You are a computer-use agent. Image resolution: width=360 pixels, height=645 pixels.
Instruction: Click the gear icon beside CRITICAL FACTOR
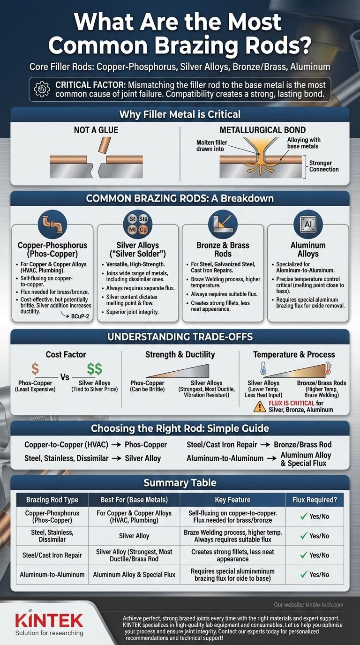click(42, 89)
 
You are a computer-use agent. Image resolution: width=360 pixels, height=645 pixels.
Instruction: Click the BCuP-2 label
click(80, 316)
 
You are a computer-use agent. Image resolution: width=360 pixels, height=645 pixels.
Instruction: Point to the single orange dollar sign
click(35, 368)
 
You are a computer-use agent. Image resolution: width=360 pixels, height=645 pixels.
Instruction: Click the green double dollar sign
click(95, 368)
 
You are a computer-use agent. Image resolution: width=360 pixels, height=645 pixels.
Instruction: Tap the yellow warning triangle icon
click(260, 406)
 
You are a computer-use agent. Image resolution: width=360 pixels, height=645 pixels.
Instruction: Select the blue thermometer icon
click(263, 368)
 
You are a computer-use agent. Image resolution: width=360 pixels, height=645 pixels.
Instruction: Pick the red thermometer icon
click(328, 368)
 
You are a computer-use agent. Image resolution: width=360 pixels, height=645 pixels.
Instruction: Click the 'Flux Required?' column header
click(315, 500)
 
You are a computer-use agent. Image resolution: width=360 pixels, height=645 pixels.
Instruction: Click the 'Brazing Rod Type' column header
click(52, 500)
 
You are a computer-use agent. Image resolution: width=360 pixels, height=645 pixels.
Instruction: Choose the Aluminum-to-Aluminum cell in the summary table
click(52, 575)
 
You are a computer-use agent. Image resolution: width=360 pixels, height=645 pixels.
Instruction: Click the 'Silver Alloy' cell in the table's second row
click(134, 536)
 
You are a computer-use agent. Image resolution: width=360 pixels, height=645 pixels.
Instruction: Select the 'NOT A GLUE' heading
click(96, 130)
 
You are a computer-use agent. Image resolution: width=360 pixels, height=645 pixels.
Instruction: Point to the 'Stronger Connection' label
click(324, 166)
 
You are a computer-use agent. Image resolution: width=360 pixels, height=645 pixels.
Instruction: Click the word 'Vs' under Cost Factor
click(65, 377)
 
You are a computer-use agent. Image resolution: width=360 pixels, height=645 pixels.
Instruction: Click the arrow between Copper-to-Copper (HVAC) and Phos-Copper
click(116, 445)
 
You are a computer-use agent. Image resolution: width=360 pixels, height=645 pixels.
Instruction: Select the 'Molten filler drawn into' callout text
click(212, 146)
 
